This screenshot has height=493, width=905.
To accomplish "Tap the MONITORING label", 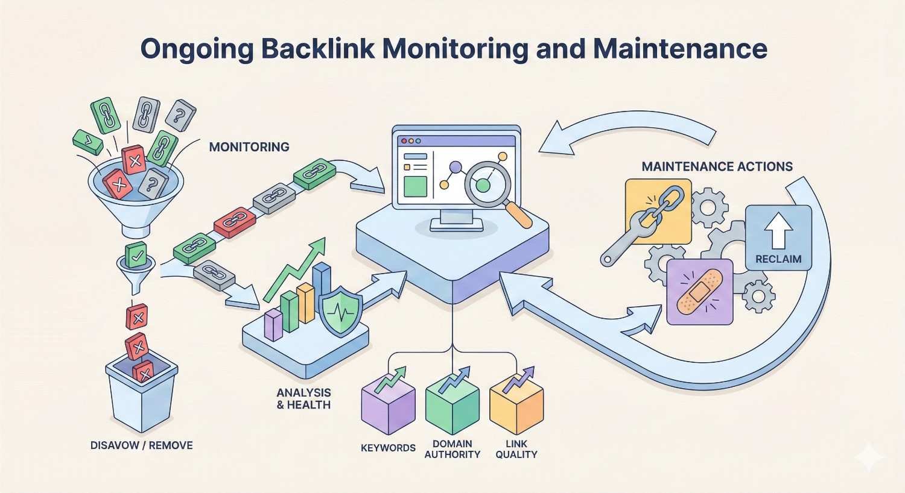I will click(x=249, y=146).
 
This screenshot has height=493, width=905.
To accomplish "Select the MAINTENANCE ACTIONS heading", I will click(x=717, y=166).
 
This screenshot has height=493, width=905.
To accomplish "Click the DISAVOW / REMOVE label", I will click(x=142, y=445).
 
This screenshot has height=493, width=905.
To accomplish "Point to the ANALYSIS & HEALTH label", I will click(x=303, y=398).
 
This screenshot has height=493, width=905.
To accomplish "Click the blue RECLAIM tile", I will click(x=778, y=238).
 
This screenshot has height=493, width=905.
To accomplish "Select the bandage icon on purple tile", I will click(x=700, y=292).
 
